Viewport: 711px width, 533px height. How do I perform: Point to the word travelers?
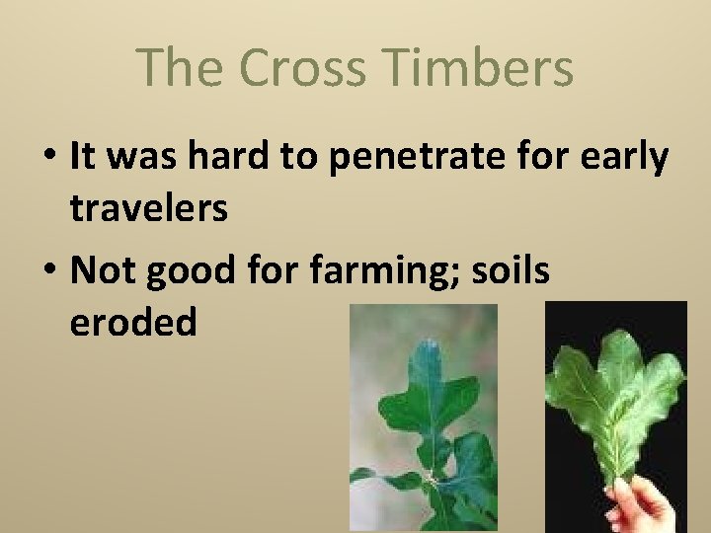(x=149, y=208)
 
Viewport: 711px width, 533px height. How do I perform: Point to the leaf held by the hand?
(x=617, y=405)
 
